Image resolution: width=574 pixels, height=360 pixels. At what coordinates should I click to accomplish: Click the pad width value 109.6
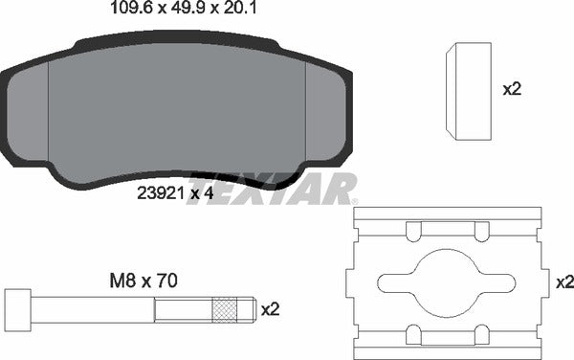point(131,8)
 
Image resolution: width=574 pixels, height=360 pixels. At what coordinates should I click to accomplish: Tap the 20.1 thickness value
point(240,8)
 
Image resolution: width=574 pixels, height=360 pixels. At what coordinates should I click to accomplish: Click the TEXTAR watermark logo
point(272,189)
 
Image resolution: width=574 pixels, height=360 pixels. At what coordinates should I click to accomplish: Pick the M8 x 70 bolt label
point(143,281)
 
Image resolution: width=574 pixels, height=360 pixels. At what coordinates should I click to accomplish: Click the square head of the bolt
point(18,310)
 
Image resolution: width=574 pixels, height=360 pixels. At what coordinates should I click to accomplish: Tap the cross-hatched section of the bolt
point(225,310)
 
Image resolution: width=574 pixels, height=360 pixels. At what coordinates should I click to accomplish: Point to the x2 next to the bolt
point(270,310)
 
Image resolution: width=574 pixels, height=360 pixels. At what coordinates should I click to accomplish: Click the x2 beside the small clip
point(512,89)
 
